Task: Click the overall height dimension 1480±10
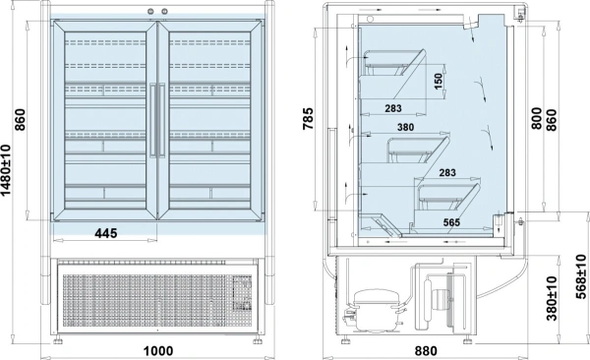[x=6, y=170]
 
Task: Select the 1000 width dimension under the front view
[x=158, y=351]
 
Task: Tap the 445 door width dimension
[x=106, y=233]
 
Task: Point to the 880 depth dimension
[x=426, y=351]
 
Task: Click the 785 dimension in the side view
[x=308, y=119]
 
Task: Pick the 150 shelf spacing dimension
[x=438, y=82]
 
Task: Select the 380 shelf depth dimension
[x=405, y=127]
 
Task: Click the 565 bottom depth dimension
[x=451, y=222]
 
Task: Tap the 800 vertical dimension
[x=537, y=118]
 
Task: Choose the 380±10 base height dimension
[x=552, y=298]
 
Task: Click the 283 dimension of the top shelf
[x=393, y=108]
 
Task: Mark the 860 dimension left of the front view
[x=20, y=119]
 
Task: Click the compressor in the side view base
[x=374, y=310]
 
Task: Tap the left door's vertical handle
[x=153, y=120]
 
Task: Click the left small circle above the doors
[x=150, y=12]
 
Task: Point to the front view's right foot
[x=258, y=340]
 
